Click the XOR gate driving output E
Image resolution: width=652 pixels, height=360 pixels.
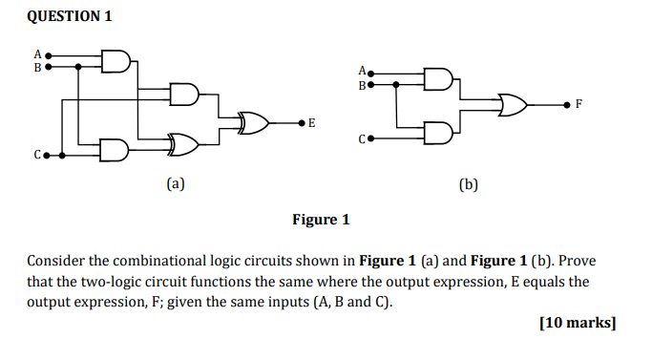click(254, 122)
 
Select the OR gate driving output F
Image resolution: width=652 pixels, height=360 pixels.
click(511, 102)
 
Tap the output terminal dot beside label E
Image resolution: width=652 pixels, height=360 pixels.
click(302, 122)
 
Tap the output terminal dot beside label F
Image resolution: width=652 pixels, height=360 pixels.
click(569, 102)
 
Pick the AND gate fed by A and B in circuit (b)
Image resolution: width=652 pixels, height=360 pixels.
click(439, 78)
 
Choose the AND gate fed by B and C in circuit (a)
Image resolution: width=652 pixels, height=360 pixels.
click(116, 151)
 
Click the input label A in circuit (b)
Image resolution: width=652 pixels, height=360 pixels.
click(361, 71)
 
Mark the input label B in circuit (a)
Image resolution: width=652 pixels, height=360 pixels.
click(37, 68)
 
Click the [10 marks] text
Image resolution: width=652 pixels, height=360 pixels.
click(578, 323)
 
